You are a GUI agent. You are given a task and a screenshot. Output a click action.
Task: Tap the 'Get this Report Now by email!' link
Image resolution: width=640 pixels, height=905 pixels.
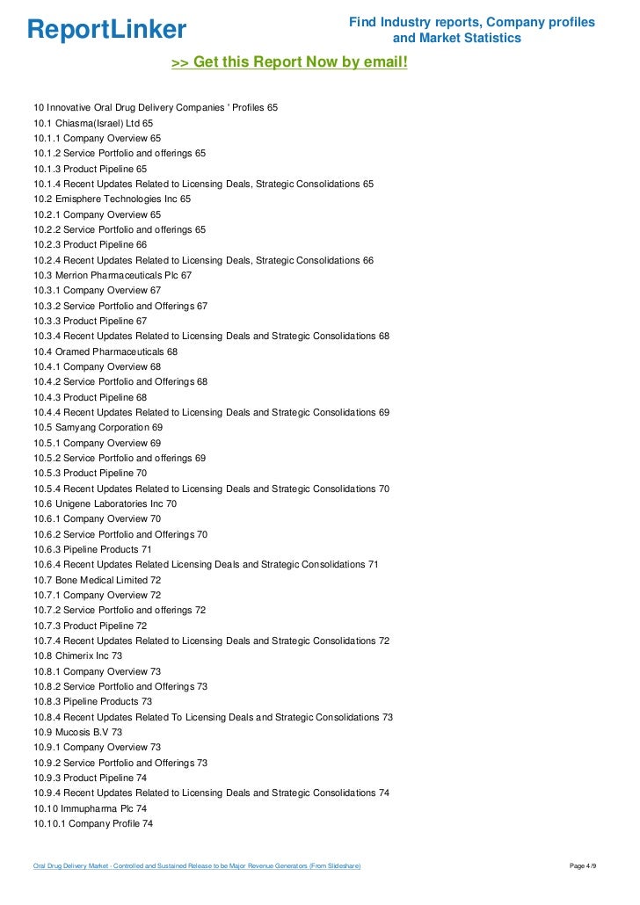coord(289,62)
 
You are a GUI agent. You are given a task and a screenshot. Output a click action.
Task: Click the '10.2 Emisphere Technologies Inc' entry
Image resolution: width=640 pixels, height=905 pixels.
coord(113,199)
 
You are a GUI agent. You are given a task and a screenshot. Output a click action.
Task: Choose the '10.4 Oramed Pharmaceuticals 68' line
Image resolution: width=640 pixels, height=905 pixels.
coord(105,351)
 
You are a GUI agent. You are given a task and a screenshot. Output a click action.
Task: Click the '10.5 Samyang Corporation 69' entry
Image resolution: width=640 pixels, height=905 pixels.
coord(98,428)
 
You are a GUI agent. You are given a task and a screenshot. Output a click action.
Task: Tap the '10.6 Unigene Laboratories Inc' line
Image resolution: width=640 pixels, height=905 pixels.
coord(105,504)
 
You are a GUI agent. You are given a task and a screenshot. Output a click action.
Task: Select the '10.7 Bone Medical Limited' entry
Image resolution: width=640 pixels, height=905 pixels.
coord(98,580)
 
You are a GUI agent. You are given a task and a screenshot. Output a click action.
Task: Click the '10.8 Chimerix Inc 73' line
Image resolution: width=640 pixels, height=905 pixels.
coord(78,656)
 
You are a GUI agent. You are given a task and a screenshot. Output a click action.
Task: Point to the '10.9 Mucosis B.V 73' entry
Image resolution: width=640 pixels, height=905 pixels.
coord(78,732)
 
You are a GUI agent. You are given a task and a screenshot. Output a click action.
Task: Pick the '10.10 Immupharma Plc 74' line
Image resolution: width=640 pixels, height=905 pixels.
coord(91,808)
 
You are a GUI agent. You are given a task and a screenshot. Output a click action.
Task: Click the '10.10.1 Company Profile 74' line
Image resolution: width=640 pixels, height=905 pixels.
coord(93,824)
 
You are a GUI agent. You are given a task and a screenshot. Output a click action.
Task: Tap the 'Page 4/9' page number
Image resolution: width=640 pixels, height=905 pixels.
coord(584,867)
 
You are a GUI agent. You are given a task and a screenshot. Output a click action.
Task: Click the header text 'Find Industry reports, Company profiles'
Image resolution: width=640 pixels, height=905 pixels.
coord(472,22)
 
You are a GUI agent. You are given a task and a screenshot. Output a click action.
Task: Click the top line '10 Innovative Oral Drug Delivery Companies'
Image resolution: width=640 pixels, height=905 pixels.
coord(156,107)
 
